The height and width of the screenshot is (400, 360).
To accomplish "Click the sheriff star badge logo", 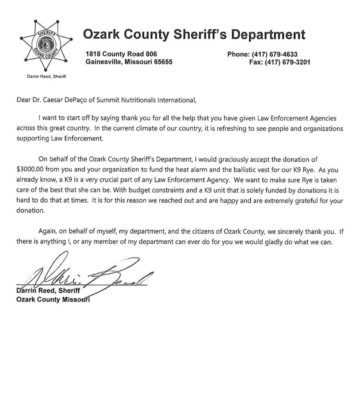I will [x=44, y=49].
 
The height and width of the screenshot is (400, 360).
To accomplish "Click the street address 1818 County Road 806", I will [x=121, y=55].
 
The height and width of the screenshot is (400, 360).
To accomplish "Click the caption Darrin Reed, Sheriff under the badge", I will [x=43, y=77].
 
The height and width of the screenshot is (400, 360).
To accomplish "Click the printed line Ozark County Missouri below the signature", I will [x=53, y=300].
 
